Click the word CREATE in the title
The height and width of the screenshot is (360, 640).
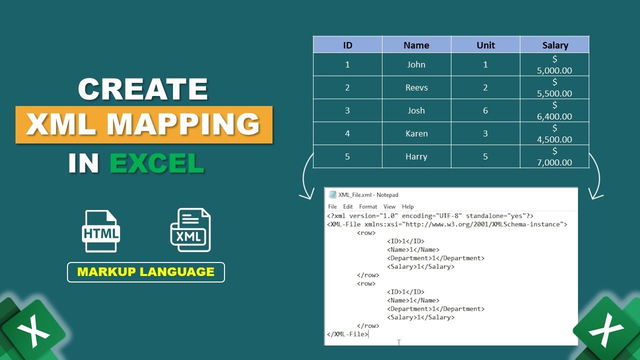tap(143, 89)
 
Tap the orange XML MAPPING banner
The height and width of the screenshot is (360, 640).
tap(143, 124)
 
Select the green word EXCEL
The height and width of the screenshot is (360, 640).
tap(156, 163)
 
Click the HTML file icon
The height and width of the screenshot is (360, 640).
tap(100, 231)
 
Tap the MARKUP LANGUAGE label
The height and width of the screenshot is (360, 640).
tap(145, 272)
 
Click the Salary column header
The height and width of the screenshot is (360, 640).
tap(554, 45)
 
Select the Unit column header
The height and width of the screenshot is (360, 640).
tap(485, 45)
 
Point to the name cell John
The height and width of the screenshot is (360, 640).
tap(416, 64)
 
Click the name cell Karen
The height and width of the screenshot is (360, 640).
tap(416, 133)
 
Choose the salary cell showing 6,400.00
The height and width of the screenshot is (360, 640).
tap(554, 111)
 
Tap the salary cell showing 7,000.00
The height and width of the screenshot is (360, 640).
tap(554, 157)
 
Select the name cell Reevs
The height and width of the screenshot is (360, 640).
tap(416, 87)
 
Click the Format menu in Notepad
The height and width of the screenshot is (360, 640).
tap(368, 206)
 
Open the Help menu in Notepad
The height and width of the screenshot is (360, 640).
tap(408, 206)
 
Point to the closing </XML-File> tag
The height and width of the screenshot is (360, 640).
tap(347, 334)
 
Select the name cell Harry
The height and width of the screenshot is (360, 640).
tap(416, 156)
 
